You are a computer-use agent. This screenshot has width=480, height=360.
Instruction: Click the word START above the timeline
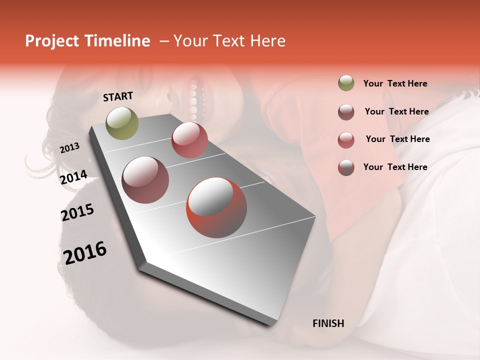click(118, 96)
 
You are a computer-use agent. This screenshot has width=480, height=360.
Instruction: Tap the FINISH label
click(328, 323)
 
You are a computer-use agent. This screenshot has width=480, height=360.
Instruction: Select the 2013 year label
click(70, 148)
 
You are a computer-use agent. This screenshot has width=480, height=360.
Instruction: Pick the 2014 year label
click(74, 177)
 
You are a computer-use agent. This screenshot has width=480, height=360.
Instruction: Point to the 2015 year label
click(77, 212)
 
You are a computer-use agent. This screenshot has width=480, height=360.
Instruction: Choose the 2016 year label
click(85, 252)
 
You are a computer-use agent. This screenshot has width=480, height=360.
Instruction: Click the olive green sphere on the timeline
click(122, 123)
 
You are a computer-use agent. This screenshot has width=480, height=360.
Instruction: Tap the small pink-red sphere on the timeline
click(189, 140)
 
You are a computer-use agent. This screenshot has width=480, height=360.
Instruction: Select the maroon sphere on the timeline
click(145, 180)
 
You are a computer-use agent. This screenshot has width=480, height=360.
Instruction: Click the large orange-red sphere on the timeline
click(216, 207)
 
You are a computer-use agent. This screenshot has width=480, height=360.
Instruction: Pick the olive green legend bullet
click(346, 83)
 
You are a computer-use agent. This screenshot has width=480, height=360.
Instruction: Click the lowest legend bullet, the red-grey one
click(346, 167)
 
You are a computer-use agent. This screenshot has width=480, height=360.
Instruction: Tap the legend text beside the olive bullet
click(395, 83)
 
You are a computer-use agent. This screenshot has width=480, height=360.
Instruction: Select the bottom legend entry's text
click(395, 167)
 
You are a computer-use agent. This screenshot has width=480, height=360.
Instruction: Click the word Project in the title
click(52, 41)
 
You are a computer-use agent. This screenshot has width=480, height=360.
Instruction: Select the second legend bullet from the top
click(346, 112)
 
